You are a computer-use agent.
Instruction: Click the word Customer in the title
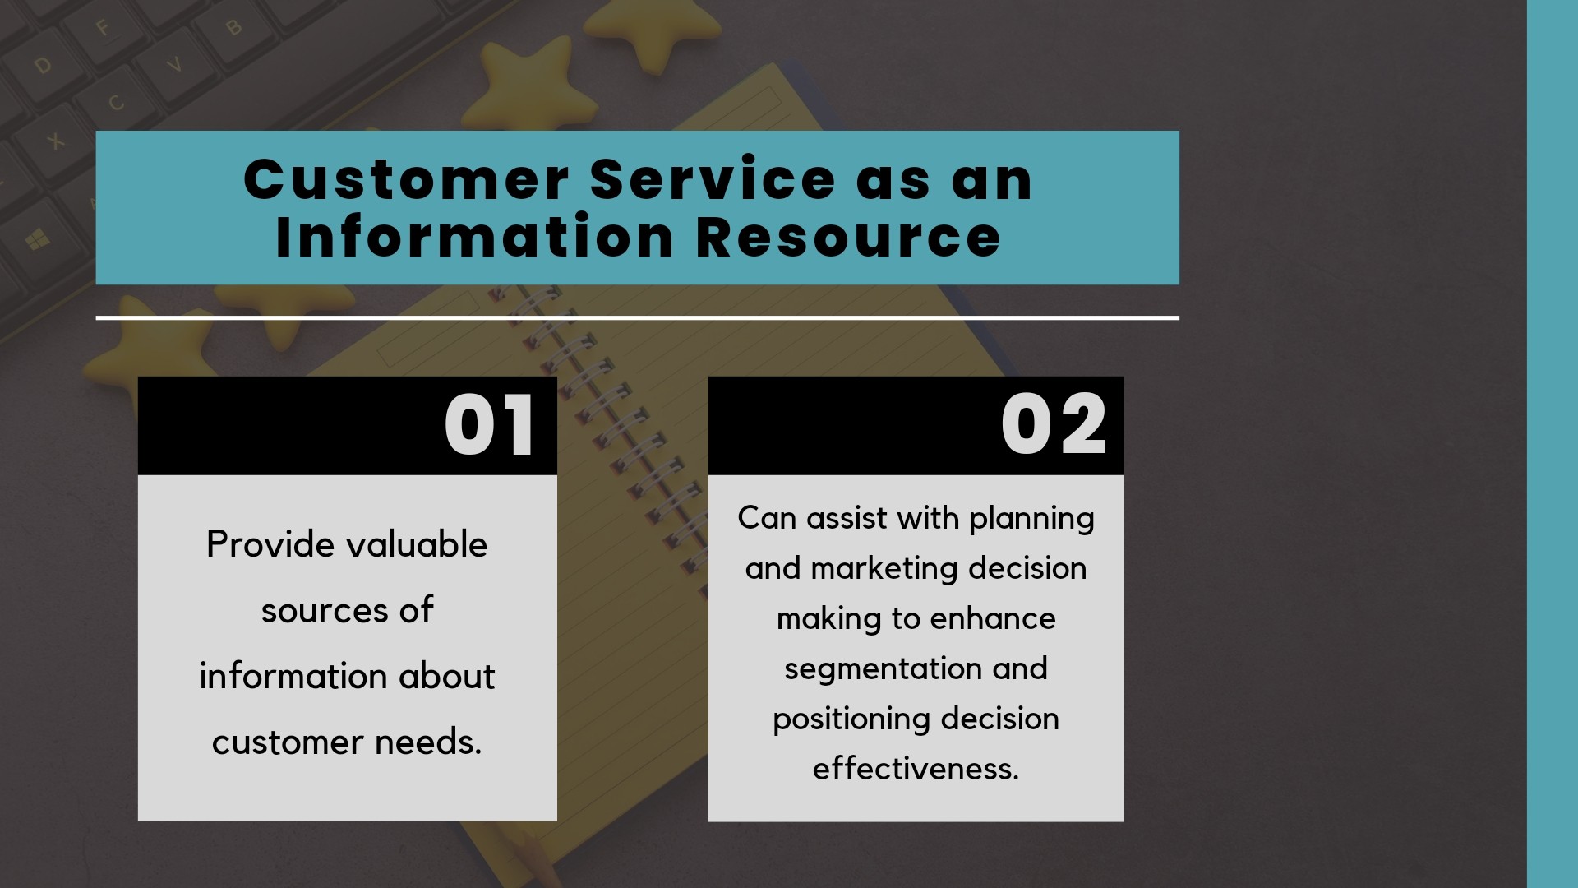tap(406, 179)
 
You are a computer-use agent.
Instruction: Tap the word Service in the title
tap(713, 179)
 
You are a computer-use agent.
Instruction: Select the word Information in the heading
tap(475, 237)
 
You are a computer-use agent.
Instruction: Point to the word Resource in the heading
tap(848, 237)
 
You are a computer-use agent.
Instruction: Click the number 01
tap(490, 425)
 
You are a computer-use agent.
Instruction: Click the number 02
tap(1054, 424)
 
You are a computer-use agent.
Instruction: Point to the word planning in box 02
tap(1031, 520)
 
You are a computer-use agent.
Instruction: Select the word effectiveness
tap(916, 769)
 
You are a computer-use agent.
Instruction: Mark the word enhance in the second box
tap(993, 618)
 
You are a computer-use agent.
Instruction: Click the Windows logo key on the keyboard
tap(38, 240)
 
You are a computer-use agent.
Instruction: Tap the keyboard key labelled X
tap(55, 141)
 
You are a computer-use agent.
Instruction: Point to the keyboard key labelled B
tap(233, 28)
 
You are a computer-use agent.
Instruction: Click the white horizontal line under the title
tap(637, 317)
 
